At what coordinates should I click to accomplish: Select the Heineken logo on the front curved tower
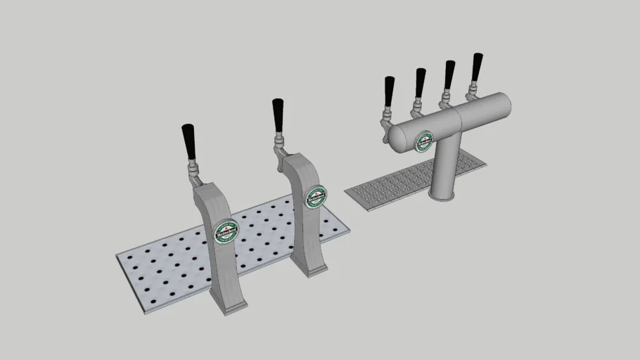click(x=226, y=231)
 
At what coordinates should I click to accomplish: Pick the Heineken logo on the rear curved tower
click(x=316, y=196)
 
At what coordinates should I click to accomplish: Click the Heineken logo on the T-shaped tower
click(x=424, y=141)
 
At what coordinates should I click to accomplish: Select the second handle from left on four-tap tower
click(x=420, y=82)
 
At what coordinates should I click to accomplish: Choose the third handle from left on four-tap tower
click(x=449, y=74)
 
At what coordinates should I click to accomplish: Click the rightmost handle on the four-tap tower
click(x=478, y=66)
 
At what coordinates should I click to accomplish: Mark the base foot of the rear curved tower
click(x=310, y=268)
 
